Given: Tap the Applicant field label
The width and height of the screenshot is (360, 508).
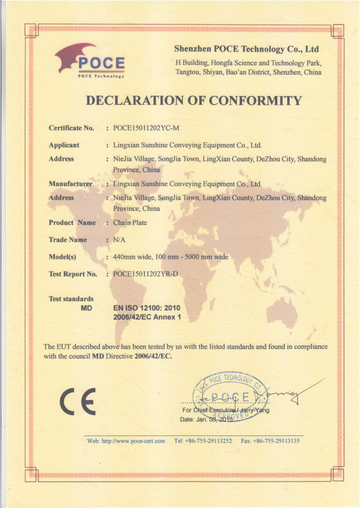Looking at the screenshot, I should click(64, 145).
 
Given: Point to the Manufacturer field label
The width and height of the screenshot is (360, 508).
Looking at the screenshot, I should click(70, 184).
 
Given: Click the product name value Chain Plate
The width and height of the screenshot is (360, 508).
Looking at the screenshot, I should click(130, 223).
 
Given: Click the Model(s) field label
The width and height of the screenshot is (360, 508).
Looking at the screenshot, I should click(62, 257).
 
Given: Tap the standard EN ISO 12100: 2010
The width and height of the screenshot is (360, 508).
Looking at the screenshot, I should click(147, 308).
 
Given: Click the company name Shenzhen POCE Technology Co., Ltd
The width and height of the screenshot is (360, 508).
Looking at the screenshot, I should click(246, 50).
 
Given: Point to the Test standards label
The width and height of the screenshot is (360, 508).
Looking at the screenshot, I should click(71, 299).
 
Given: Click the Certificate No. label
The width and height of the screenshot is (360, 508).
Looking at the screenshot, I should click(71, 128).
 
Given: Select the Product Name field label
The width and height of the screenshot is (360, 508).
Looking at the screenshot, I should click(72, 223).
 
